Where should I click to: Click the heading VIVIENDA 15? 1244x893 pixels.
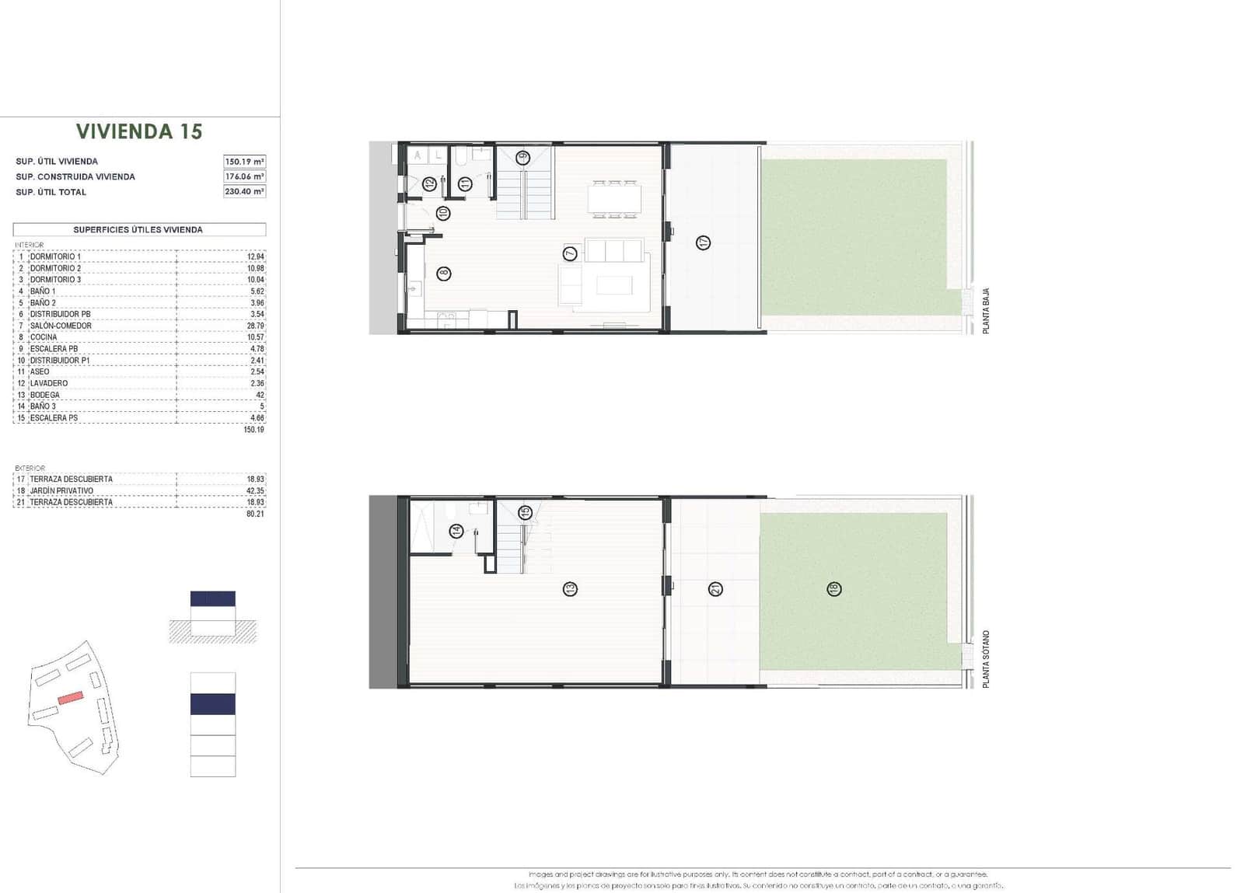click(x=139, y=131)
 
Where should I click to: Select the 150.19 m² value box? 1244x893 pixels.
click(x=244, y=162)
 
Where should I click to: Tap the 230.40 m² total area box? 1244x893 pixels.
click(x=244, y=191)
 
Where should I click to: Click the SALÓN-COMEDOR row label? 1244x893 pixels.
click(x=61, y=326)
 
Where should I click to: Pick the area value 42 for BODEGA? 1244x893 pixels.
click(x=260, y=395)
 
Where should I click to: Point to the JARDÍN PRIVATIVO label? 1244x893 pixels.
click(x=61, y=490)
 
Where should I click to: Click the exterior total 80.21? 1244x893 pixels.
click(x=255, y=514)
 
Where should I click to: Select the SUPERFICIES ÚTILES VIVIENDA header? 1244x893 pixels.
click(x=138, y=230)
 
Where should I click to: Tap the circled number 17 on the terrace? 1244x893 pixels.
click(x=703, y=242)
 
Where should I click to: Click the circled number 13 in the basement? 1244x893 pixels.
click(x=570, y=589)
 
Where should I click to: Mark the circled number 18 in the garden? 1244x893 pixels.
click(x=833, y=589)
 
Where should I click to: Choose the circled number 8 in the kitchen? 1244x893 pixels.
click(x=443, y=273)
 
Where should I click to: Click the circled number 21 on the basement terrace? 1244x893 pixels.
click(x=715, y=589)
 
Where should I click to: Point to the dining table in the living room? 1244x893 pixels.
click(x=614, y=198)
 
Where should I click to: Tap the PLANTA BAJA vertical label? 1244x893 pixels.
click(x=986, y=311)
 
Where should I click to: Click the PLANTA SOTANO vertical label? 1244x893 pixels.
click(x=986, y=658)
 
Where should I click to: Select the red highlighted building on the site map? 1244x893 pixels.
click(x=70, y=697)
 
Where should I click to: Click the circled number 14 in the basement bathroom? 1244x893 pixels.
click(x=456, y=531)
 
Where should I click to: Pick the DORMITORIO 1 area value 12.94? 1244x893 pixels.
click(x=255, y=256)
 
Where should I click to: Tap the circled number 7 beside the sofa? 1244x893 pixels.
click(x=570, y=253)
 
